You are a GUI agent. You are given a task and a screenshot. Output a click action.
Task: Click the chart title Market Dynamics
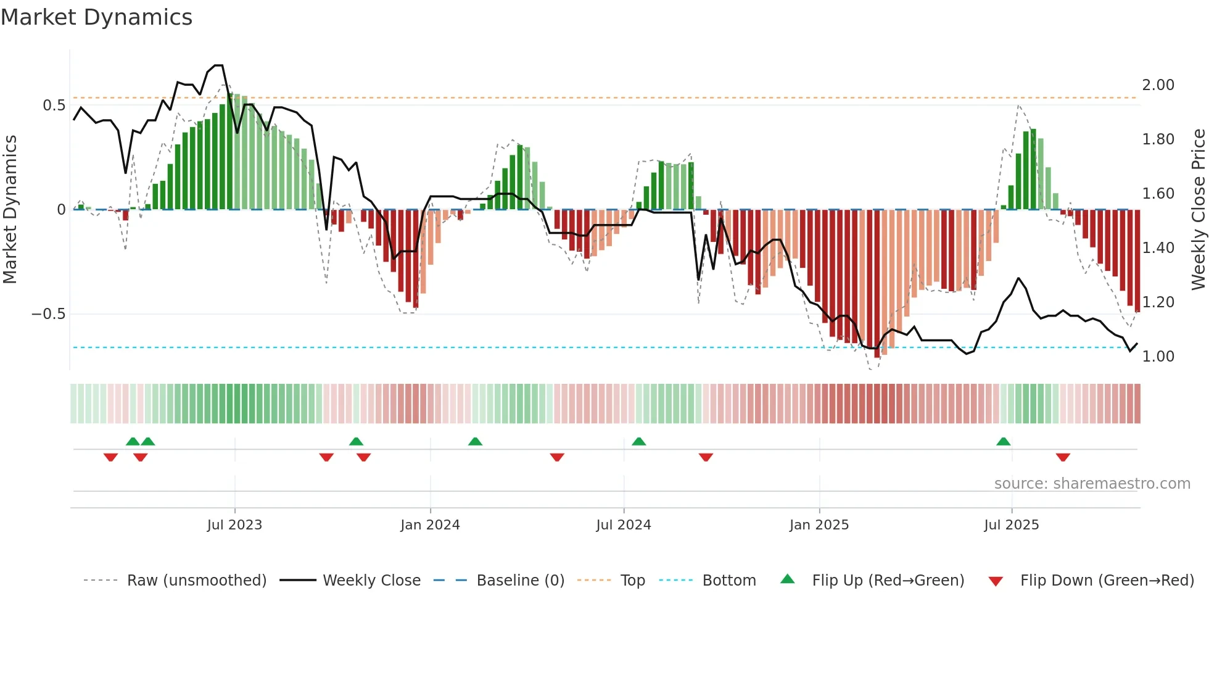(x=96, y=17)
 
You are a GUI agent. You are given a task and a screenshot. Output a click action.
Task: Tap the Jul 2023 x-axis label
(x=234, y=525)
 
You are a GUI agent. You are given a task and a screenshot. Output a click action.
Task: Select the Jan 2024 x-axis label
(x=430, y=525)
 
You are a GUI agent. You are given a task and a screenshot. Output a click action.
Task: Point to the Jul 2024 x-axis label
(x=624, y=525)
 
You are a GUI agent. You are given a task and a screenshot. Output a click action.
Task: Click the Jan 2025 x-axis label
(x=819, y=525)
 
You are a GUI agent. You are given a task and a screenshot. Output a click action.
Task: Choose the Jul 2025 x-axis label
(x=1012, y=525)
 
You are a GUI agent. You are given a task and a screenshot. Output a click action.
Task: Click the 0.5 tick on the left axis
(x=54, y=106)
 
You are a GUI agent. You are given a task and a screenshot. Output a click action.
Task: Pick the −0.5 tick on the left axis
(x=49, y=314)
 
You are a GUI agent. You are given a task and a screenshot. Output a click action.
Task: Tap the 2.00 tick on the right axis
(x=1158, y=85)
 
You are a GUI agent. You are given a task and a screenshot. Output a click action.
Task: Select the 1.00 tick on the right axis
(x=1158, y=357)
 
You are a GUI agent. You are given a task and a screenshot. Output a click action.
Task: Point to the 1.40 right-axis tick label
(x=1158, y=248)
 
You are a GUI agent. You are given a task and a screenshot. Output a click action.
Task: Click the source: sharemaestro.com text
(x=1092, y=484)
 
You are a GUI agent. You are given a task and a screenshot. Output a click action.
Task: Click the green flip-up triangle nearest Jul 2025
(x=1004, y=442)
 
